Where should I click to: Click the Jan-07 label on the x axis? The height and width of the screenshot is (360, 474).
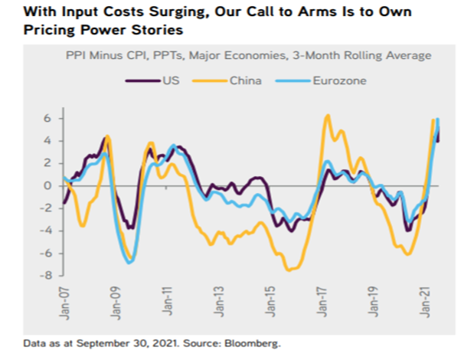[x=64, y=301]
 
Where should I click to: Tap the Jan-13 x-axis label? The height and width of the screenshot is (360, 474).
[x=221, y=301]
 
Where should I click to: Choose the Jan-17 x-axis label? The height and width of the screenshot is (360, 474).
[x=325, y=301]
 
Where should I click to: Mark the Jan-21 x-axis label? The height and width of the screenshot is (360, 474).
[x=430, y=301]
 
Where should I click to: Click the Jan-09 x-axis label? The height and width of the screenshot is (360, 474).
[x=116, y=301]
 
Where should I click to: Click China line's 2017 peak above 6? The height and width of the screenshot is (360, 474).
[x=327, y=115]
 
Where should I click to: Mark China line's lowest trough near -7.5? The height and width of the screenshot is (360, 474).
[x=290, y=270]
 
